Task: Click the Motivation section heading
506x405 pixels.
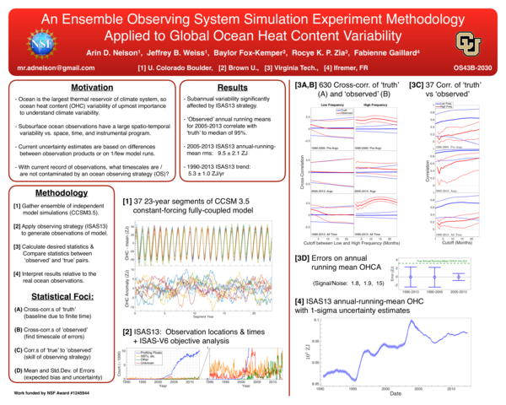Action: click(x=91, y=87)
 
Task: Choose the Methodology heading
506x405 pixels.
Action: click(x=62, y=193)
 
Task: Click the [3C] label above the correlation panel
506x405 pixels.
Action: click(x=417, y=85)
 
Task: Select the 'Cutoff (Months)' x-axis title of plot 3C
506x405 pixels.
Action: click(x=456, y=242)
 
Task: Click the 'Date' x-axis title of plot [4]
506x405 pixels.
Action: click(x=396, y=393)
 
